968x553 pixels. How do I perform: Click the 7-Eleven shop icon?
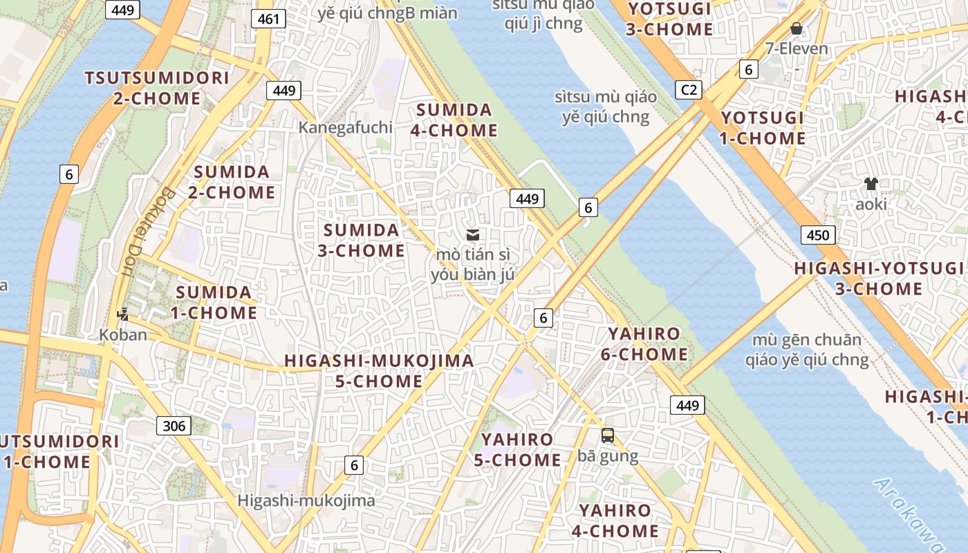797,28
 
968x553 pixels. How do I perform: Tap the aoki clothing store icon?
871,184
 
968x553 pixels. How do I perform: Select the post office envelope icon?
473,235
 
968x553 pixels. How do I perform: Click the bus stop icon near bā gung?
607,435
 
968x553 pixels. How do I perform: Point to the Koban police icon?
123,315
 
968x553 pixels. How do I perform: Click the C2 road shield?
689,89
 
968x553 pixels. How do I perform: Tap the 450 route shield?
817,235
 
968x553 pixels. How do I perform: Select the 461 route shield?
268,19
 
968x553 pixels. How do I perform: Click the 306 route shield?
174,426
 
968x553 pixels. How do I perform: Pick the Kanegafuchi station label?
345,127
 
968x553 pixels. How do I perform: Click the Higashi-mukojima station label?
306,500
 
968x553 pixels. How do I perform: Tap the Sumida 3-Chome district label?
361,240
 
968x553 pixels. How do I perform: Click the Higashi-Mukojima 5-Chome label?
379,371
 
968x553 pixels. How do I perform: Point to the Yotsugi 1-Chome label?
763,128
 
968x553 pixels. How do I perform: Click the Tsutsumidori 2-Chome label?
156,88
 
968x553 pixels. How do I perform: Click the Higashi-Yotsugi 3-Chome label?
878,278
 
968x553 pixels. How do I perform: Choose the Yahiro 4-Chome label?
615,521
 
